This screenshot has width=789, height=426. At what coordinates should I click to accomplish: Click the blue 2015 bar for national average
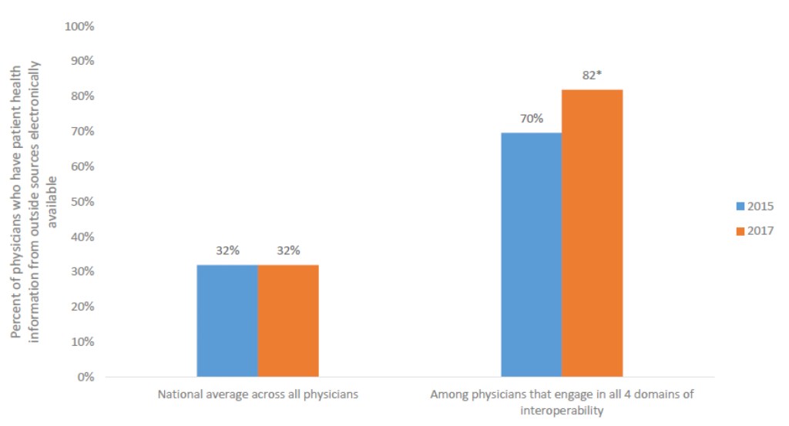coord(227,320)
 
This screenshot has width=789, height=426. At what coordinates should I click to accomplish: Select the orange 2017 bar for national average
coord(288,320)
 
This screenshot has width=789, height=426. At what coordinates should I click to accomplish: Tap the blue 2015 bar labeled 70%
coord(531,254)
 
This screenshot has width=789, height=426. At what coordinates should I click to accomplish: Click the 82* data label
coord(592,75)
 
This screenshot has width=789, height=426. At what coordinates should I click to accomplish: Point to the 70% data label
coord(531,119)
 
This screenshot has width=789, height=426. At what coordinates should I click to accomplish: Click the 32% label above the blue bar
coord(227,250)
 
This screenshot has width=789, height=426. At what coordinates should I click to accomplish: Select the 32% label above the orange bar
coord(288,250)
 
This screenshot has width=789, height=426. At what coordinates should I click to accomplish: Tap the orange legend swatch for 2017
coord(741,231)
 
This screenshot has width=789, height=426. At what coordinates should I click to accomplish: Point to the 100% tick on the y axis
coord(79,26)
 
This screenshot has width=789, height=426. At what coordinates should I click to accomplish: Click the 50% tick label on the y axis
coord(82,202)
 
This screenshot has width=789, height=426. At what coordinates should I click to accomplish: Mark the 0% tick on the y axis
coord(85,377)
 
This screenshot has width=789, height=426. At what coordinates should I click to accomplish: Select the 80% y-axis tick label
coord(82,96)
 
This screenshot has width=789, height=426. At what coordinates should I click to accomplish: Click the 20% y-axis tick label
coord(82,307)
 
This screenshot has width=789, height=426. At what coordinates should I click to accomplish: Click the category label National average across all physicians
coord(257,394)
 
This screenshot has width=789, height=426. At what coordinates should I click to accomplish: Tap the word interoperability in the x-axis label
coord(562,411)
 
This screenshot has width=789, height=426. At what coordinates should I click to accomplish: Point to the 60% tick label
coord(82,166)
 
